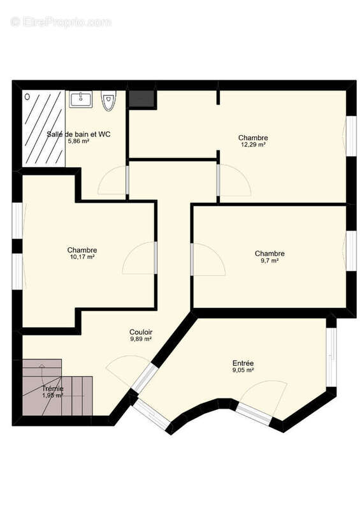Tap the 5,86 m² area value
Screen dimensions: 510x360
click(x=78, y=142)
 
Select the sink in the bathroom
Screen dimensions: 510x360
click(x=81, y=99)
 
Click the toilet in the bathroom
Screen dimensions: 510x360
click(x=109, y=101)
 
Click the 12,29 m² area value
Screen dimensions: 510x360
click(x=253, y=145)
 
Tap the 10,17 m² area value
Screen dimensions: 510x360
click(x=82, y=258)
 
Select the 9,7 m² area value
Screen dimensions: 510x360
click(x=270, y=261)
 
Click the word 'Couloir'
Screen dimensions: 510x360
click(x=140, y=332)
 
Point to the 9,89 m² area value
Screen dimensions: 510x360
click(x=140, y=340)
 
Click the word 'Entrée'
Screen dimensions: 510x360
click(x=243, y=363)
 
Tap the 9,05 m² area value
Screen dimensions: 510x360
click(x=243, y=370)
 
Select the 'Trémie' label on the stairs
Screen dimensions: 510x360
click(x=53, y=388)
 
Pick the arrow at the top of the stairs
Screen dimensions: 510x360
click(x=41, y=367)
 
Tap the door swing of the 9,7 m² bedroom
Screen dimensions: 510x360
click(x=209, y=259)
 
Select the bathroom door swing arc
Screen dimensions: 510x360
click(x=113, y=181)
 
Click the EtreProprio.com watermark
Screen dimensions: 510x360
click(x=61, y=22)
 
